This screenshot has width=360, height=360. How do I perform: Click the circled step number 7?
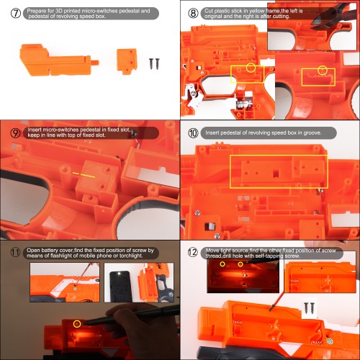pos(16,13)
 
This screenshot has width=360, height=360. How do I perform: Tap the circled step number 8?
pos(193,13)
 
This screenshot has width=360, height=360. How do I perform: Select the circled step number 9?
pos(15,132)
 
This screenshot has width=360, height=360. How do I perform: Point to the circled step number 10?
pos(193,132)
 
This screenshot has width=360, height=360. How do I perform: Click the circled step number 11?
pos(15,253)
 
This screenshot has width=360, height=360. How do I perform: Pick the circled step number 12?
pos(192,252)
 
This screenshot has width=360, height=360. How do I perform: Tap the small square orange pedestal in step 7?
pos(127,61)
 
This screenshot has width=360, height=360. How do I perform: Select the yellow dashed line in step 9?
pos(84,175)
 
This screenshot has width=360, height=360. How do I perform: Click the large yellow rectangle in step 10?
pos(279,156)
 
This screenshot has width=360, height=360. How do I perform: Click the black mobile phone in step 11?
pos(121,286)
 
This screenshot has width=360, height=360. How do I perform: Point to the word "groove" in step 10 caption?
pos(312,132)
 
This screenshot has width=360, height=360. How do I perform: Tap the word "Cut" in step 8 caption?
pos(209,11)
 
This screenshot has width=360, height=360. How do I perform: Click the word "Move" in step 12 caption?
pos(212,251)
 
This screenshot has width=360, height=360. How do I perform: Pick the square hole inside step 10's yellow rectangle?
pos(276,173)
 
